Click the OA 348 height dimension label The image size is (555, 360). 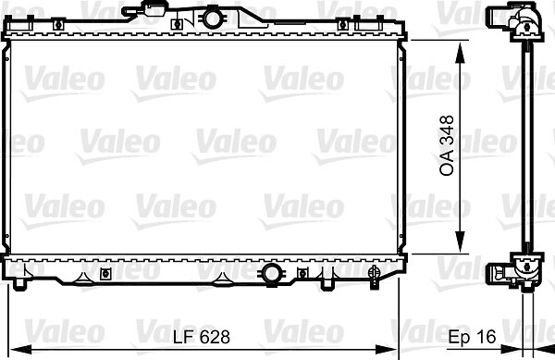pos(447,146)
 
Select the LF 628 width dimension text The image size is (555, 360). pos(202,337)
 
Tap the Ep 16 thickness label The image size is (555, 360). pos(472,337)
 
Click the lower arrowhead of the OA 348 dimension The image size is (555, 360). pos(460,241)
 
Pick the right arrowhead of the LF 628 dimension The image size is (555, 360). pos(387,350)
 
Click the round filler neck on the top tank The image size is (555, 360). pos(213,19)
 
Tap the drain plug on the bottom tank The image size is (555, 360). pos(374,276)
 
